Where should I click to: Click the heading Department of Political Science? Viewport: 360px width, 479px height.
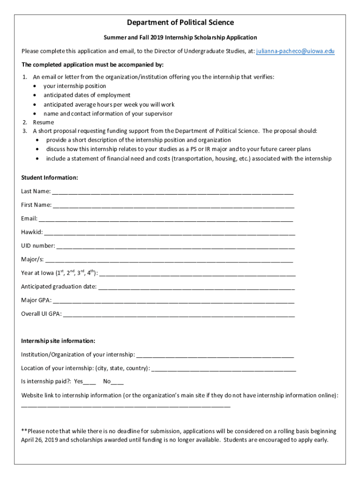pyautogui.click(x=180, y=22)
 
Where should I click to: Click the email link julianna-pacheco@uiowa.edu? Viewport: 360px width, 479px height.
pyautogui.click(x=295, y=51)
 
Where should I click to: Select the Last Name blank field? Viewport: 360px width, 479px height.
pyautogui.click(x=173, y=192)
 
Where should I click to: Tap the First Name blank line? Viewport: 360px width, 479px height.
pyautogui.click(x=173, y=205)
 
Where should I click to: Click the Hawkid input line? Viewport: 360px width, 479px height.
pyautogui.click(x=170, y=232)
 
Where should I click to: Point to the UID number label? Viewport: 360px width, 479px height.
pyautogui.click(x=38, y=246)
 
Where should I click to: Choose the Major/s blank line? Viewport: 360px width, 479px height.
pyautogui.click(x=169, y=260)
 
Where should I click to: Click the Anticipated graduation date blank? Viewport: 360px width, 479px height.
pyautogui.click(x=196, y=287)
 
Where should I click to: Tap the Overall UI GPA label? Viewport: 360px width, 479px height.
pyautogui.click(x=41, y=314)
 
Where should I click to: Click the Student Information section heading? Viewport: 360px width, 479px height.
pyautogui.click(x=50, y=178)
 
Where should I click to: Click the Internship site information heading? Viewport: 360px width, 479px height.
pyautogui.click(x=58, y=341)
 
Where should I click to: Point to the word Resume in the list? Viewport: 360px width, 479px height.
pyautogui.click(x=43, y=123)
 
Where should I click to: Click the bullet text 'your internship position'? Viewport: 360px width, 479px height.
pyautogui.click(x=75, y=86)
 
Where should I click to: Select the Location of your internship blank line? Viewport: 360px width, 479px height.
pyautogui.click(x=223, y=369)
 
